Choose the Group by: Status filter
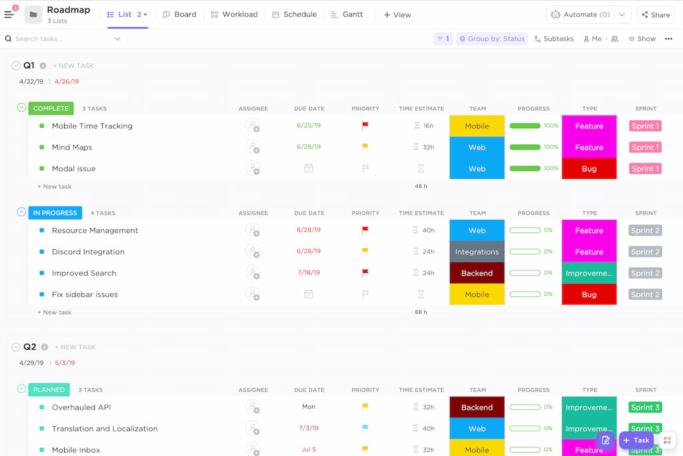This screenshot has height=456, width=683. click(x=492, y=39)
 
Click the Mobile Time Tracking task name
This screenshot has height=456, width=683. click(x=92, y=126)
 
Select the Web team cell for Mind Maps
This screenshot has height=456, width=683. click(x=477, y=148)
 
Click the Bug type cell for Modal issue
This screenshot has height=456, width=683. click(x=589, y=169)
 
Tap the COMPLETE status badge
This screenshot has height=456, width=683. click(x=51, y=108)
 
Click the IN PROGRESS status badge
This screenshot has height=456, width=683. click(x=55, y=213)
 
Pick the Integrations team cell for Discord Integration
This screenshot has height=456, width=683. click(x=477, y=252)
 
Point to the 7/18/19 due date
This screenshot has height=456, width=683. click(x=309, y=273)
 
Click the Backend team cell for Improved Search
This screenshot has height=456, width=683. click(x=477, y=273)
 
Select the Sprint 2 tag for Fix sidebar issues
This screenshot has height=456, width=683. click(x=645, y=294)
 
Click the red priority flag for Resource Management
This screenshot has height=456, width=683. click(x=365, y=230)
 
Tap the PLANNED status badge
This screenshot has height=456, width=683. click(x=49, y=390)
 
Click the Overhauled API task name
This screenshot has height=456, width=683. click(x=81, y=407)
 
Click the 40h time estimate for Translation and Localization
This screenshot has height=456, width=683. click(x=428, y=429)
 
